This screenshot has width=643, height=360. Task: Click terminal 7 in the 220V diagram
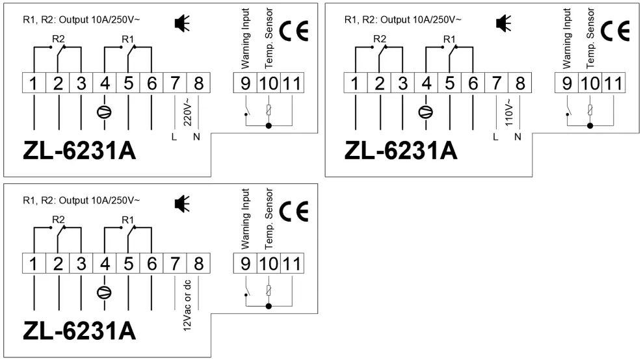pos(174,83)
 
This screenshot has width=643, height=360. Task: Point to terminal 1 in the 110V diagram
pos(355,83)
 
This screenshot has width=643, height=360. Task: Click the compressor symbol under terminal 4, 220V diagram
pos(103,111)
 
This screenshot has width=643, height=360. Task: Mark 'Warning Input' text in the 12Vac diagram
pos(246,219)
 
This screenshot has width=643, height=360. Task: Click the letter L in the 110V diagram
pos(495,136)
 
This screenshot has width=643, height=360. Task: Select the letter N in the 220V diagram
pos(197,136)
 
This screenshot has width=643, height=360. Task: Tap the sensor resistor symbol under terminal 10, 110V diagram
pos(590,109)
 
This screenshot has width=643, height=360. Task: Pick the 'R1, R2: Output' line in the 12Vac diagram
pos(81,200)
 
